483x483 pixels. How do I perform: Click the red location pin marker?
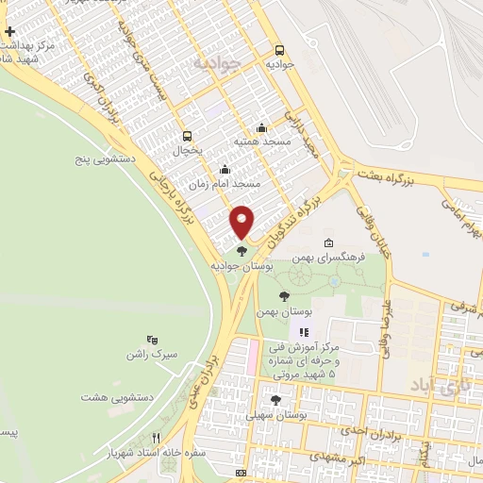[242, 222]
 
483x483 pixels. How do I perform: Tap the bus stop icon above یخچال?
[187, 135]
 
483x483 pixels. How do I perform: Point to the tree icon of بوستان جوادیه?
[242, 251]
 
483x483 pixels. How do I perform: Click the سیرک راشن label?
[153, 355]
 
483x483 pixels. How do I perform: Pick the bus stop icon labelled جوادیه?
[278, 50]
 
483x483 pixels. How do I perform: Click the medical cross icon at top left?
[9, 32]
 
